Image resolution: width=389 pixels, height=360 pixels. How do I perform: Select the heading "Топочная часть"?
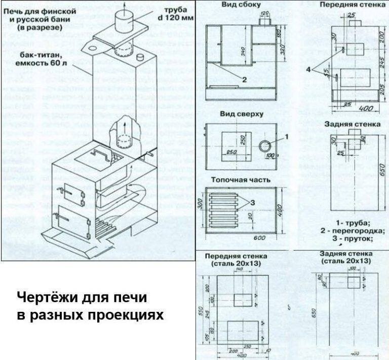[x=242, y=180]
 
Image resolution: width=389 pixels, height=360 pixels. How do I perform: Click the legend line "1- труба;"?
[x=354, y=222]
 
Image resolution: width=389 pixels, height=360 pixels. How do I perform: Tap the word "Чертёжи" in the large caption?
[x=49, y=297]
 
